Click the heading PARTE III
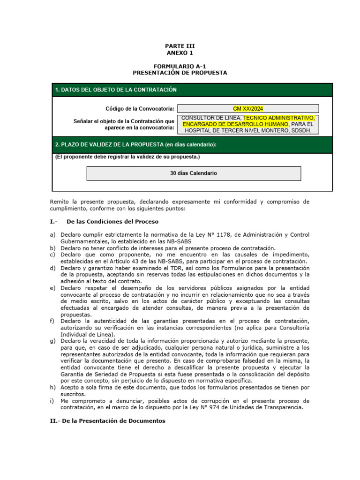pos(180,46)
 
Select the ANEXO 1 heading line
pos(180,53)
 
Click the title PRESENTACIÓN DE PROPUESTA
pos(180,73)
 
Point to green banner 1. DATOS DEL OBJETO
pos(116,90)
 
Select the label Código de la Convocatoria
pos(140,109)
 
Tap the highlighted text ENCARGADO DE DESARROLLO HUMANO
pos(235,124)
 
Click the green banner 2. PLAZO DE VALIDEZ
pos(136,144)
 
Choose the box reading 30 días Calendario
pos(194,173)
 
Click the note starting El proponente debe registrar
pos(127,157)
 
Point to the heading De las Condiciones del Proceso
pos(112,221)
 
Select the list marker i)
pos(52,401)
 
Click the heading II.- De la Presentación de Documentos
pos(108,421)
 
